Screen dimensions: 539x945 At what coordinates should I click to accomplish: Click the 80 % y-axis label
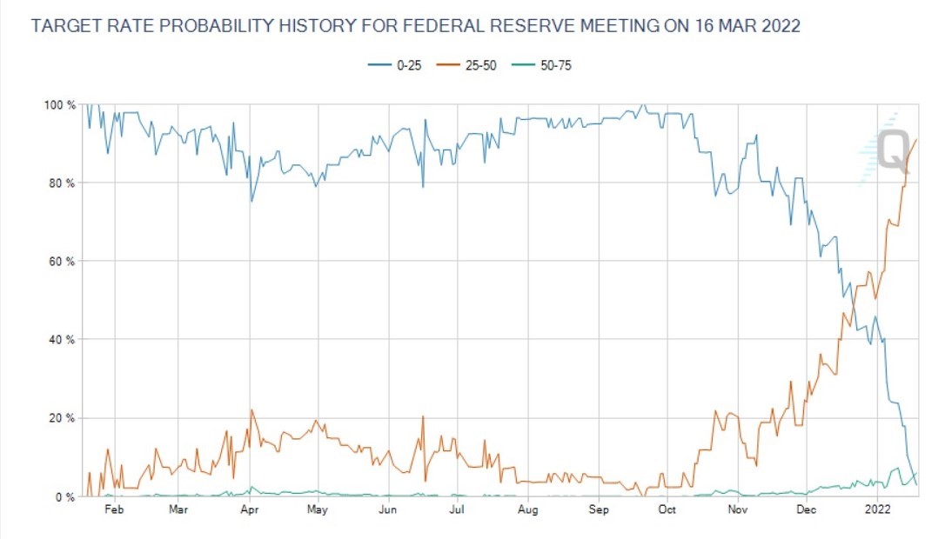(61, 183)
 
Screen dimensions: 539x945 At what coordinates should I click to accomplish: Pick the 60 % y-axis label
(61, 262)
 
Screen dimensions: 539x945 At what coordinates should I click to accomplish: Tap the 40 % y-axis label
(61, 340)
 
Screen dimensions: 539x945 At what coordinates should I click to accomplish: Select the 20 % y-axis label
(61, 418)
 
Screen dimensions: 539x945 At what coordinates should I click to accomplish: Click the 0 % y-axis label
(64, 497)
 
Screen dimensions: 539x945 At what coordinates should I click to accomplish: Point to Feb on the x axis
(114, 510)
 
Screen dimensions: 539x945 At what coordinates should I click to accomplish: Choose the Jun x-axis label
(388, 510)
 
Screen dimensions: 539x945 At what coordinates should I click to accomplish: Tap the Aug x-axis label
(527, 510)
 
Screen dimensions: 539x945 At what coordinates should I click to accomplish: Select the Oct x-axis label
(667, 510)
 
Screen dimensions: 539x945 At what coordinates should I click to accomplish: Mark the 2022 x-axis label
(876, 510)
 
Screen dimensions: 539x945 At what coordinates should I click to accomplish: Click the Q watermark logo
(892, 150)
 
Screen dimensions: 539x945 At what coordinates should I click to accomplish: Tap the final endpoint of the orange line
(916, 139)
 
